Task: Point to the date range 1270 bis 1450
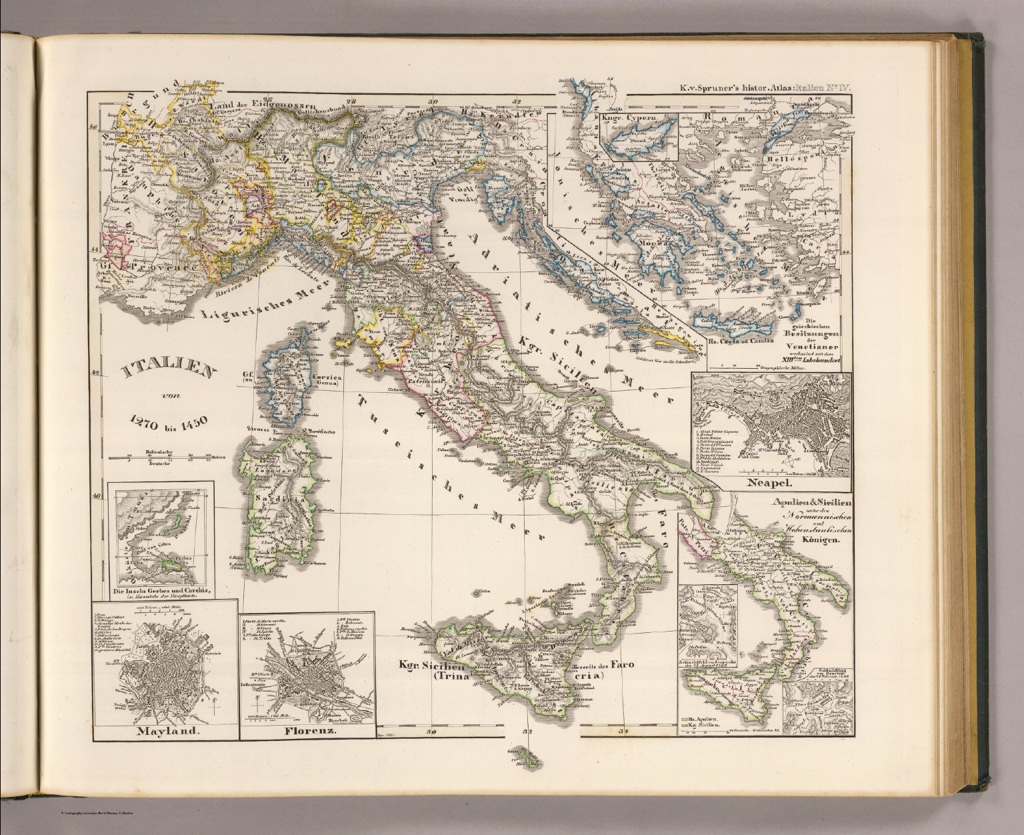click(170, 420)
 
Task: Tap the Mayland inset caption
click(167, 730)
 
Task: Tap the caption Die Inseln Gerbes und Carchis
click(163, 592)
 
